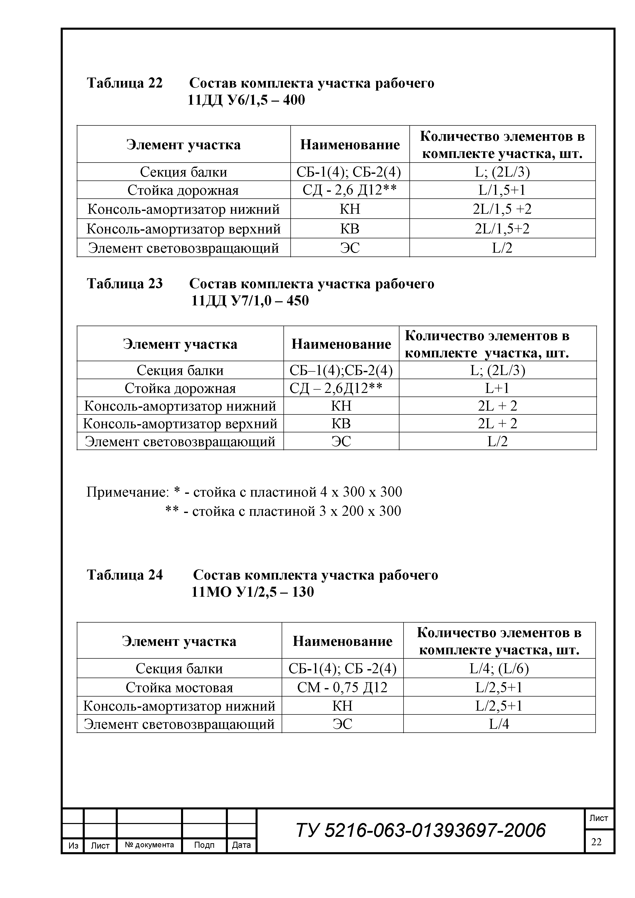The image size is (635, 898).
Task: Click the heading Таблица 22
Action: coord(124,83)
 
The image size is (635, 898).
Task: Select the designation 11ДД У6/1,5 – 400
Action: coord(246,100)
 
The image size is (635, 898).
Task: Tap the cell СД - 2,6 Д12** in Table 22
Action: coord(350,190)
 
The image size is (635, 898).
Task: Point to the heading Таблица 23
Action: coord(124,284)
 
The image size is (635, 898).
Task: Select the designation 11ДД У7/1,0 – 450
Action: coord(250,300)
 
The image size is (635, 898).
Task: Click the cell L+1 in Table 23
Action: coord(497,388)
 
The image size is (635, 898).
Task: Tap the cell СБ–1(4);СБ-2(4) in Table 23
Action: coord(341,370)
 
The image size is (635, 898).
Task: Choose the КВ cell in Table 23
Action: coord(341,424)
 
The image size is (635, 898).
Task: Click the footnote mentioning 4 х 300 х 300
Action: coord(244,492)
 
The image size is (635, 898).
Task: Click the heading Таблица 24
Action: coord(124,575)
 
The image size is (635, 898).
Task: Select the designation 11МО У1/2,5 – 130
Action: coord(252,592)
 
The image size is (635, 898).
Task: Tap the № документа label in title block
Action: coord(150,845)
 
